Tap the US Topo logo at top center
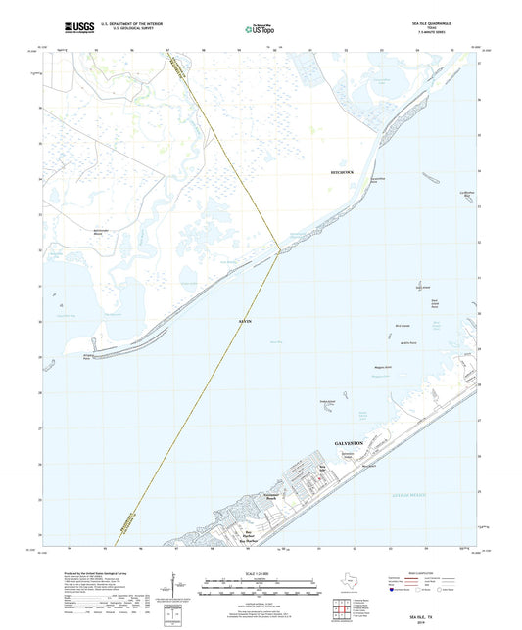(x=253, y=30)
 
